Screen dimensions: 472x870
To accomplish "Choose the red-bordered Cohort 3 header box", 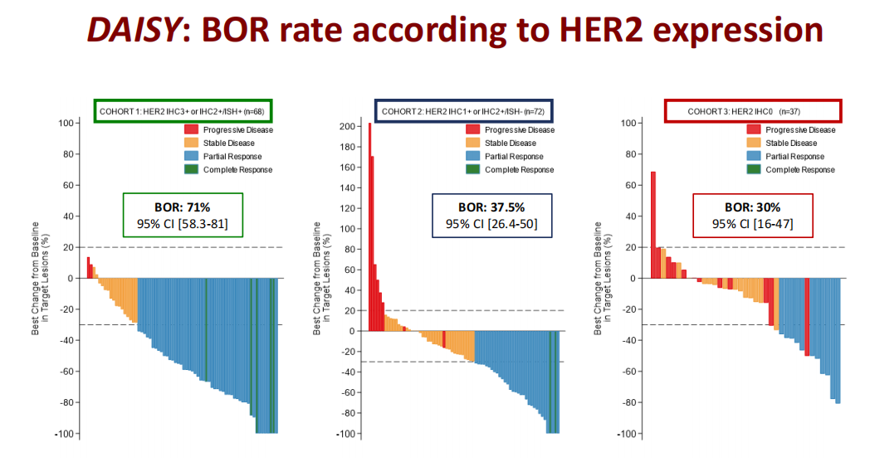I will [753, 110].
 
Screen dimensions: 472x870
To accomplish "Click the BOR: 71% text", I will [183, 207].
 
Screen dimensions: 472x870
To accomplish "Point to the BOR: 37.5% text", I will [491, 207].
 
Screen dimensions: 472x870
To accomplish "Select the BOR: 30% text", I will [752, 208].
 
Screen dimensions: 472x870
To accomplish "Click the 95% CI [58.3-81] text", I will [183, 223].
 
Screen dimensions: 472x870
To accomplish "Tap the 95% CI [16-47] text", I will [752, 224].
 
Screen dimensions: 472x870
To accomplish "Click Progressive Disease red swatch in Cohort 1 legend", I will [191, 129].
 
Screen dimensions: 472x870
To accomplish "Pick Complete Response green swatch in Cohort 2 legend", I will [472, 170].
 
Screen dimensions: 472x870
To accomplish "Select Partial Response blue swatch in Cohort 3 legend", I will [754, 156].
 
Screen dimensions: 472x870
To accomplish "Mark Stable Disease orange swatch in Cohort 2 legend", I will [472, 143].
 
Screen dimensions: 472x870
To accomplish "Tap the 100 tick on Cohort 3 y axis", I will [629, 123].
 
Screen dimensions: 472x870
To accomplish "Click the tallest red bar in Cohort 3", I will [652, 225].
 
